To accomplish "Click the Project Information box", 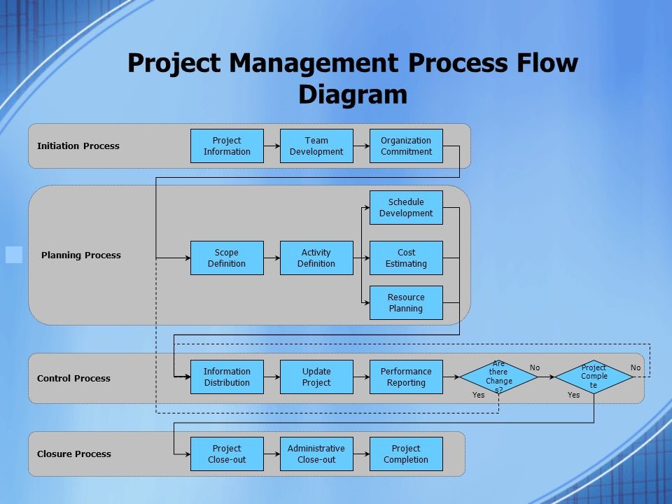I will [227, 146].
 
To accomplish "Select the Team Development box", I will [316, 146].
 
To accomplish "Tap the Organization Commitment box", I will [406, 146].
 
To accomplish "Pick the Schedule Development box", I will [406, 207].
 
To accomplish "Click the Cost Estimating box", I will [406, 258].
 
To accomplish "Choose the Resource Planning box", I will [406, 302].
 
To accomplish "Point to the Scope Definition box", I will [227, 258].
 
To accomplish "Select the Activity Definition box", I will [316, 258].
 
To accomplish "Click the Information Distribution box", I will [227, 377].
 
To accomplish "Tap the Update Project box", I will [316, 377].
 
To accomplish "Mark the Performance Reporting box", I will [406, 377].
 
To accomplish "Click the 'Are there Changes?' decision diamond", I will [498, 377].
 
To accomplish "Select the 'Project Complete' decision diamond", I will [594, 377].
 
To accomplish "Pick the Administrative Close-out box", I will [316, 454].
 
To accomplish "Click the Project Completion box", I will [406, 454].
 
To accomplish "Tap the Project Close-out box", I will [227, 454].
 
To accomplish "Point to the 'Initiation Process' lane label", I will [78, 146].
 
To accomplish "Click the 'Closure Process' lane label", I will [74, 454].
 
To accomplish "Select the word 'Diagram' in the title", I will [353, 94].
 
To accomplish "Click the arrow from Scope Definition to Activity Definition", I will [272, 258].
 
